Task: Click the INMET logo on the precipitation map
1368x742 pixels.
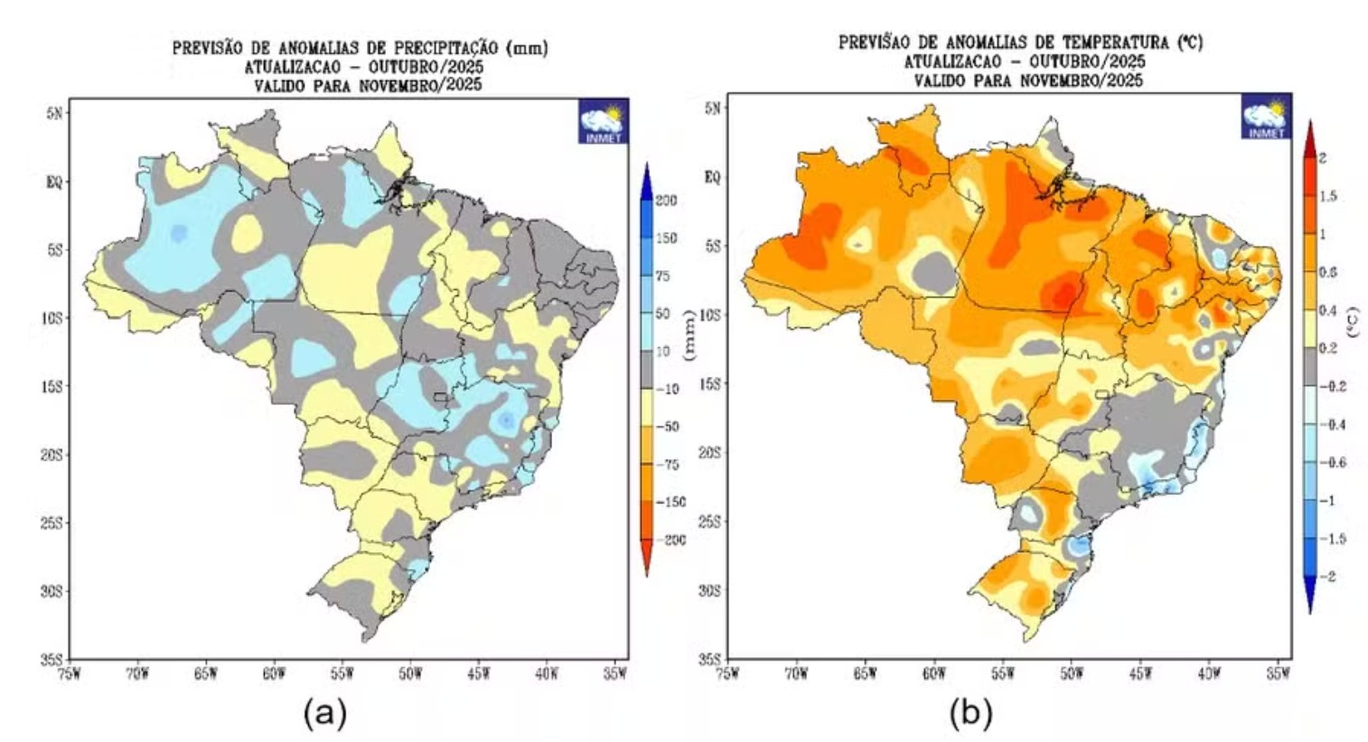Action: coord(604,122)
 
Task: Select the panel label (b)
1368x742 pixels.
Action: coord(970,714)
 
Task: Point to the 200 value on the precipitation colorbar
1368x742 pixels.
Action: coord(666,201)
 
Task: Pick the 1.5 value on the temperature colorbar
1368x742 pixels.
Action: coord(1327,196)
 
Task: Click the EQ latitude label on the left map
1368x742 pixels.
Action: coord(54,182)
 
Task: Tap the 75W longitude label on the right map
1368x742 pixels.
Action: coord(727,673)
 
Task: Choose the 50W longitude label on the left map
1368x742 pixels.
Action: coord(409,673)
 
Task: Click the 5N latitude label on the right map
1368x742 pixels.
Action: coord(713,108)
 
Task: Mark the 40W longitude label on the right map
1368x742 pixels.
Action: coord(1208,673)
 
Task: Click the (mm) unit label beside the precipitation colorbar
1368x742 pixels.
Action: coord(690,335)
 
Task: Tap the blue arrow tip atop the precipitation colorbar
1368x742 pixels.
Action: coord(646,172)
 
